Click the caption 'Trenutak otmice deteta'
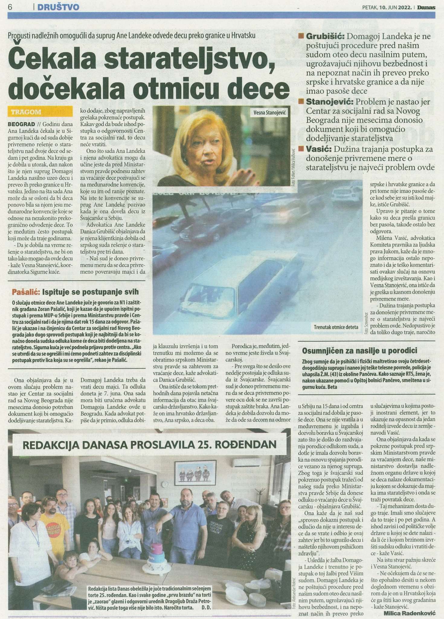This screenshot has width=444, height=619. [336, 327]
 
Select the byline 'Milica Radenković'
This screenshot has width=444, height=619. [410, 613]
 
